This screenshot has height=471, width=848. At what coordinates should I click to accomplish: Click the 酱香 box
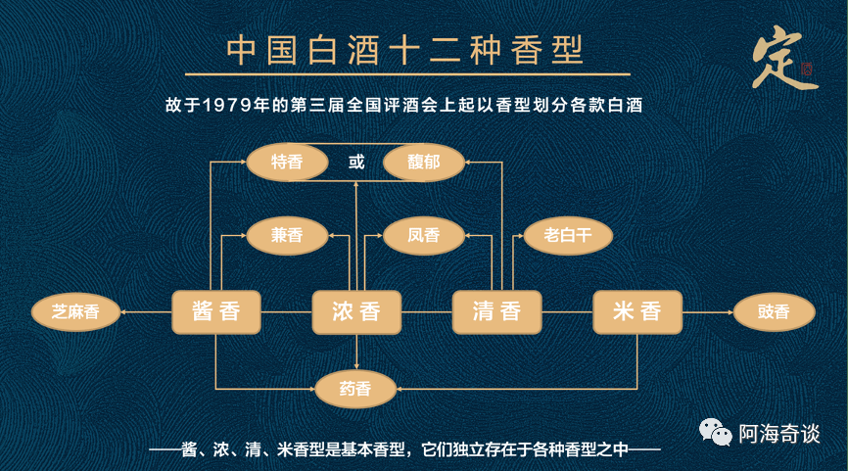click(x=215, y=312)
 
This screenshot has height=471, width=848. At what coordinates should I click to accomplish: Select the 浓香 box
click(x=356, y=312)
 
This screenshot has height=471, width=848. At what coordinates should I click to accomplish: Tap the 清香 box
click(x=496, y=312)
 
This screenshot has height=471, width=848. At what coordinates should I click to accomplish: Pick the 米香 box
click(x=636, y=312)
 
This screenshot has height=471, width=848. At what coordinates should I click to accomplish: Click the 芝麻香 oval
click(x=74, y=312)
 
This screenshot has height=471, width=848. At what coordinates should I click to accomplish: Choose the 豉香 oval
click(x=774, y=312)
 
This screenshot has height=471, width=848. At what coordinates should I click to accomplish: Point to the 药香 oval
click(x=356, y=390)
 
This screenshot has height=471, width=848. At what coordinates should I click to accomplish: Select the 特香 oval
click(x=286, y=162)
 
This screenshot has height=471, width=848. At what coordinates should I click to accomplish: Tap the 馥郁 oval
click(x=423, y=162)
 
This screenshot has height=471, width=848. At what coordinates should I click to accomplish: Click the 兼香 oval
click(x=286, y=234)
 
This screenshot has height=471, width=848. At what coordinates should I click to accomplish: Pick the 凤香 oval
click(x=423, y=234)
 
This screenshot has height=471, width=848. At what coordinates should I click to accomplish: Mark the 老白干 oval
click(x=568, y=234)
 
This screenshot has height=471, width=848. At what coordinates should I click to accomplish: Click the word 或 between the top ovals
click(x=356, y=162)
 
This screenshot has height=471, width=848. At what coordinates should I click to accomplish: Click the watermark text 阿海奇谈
click(x=779, y=432)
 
